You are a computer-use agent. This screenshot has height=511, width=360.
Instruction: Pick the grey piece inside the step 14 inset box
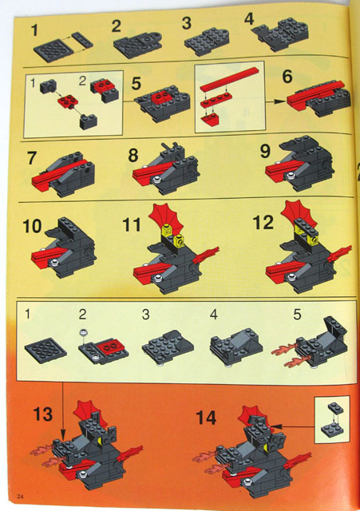point(333,422)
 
